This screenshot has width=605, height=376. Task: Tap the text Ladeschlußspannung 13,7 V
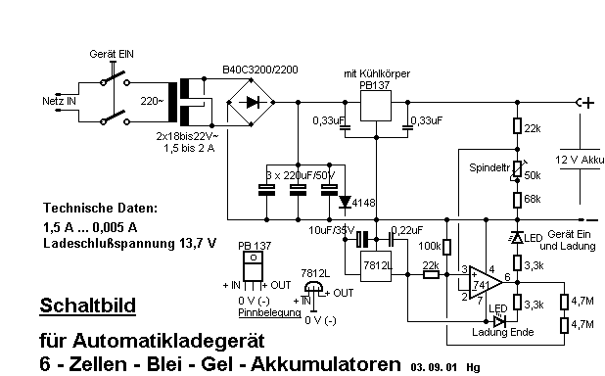click(x=129, y=242)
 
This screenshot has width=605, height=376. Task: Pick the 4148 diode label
click(x=365, y=203)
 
